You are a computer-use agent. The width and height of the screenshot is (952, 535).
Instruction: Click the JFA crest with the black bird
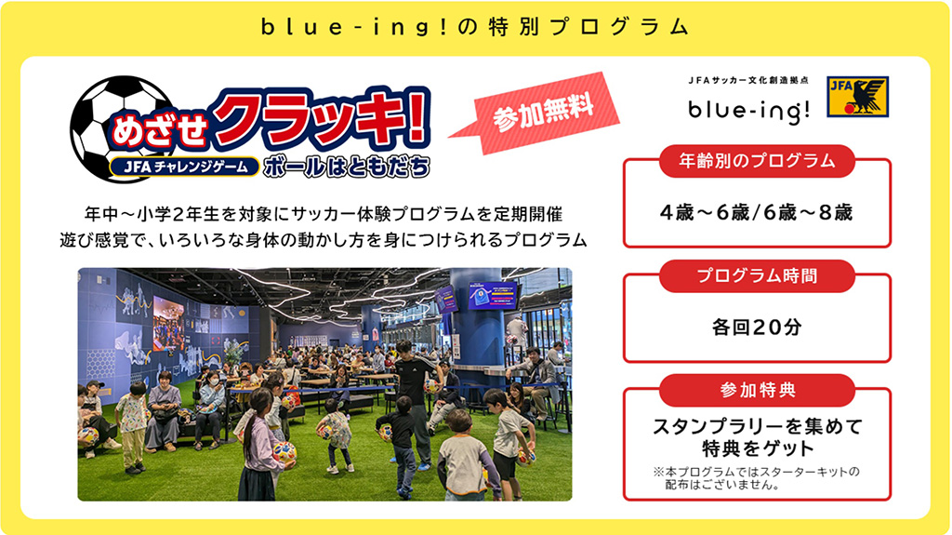tap(856, 96)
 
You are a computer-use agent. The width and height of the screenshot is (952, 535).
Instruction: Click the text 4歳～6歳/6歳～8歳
tap(756, 212)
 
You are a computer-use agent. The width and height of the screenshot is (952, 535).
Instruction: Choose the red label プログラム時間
tap(756, 276)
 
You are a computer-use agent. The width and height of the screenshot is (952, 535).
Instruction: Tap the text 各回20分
tap(756, 327)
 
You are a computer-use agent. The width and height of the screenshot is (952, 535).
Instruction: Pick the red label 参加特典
tap(756, 390)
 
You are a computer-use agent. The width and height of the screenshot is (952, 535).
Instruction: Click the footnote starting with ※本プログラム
tap(756, 477)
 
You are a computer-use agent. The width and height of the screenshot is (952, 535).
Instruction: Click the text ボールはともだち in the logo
tap(347, 167)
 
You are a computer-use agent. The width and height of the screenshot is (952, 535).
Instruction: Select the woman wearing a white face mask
tap(211, 395)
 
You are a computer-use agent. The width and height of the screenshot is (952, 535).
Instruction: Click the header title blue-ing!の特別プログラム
tap(475, 27)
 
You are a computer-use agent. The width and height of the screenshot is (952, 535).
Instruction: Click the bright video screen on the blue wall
tap(168, 322)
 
